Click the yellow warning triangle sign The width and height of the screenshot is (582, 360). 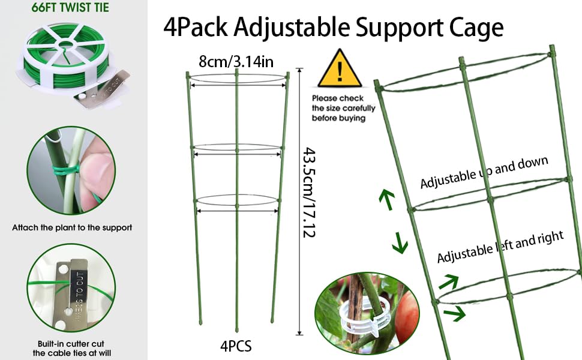coord(340,71)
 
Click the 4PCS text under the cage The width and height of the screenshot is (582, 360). coord(235,346)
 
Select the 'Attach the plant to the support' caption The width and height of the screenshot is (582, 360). coord(72,228)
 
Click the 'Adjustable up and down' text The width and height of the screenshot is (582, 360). coord(484,173)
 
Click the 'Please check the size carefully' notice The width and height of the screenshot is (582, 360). coord(343,108)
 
